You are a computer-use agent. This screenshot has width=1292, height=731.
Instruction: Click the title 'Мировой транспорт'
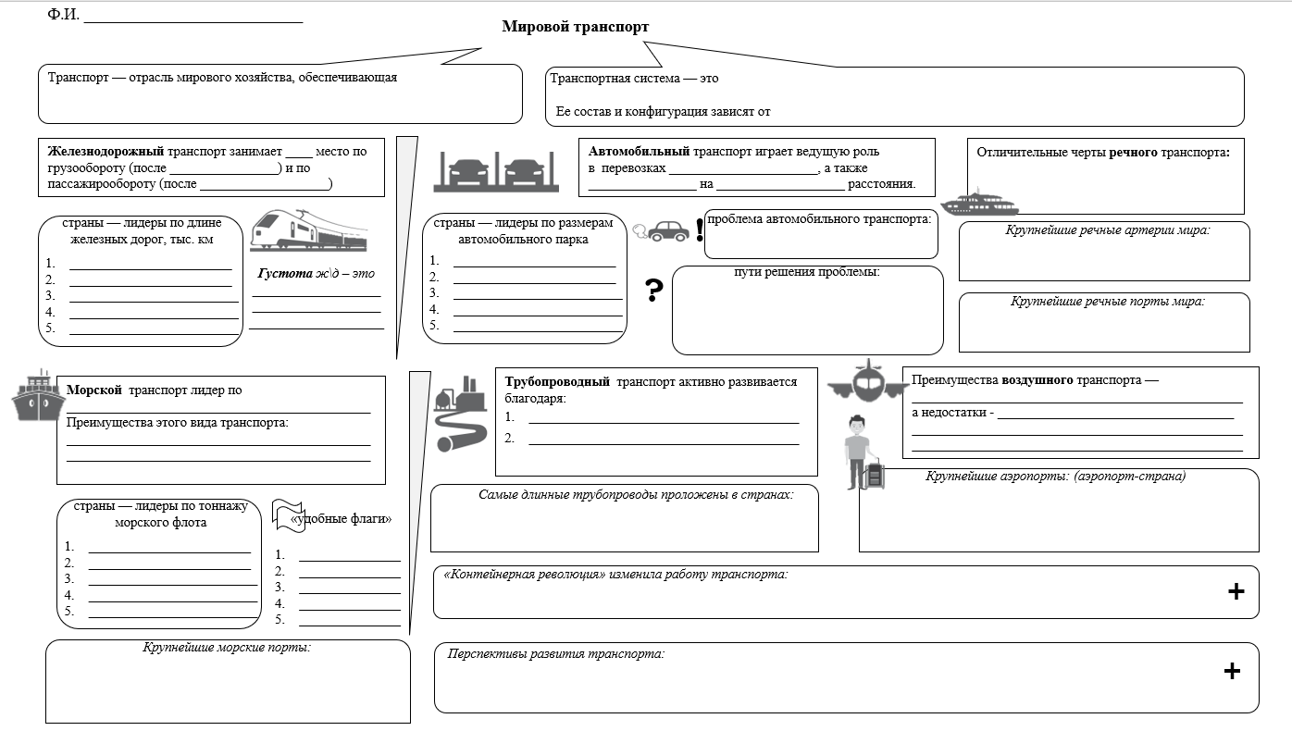point(575,27)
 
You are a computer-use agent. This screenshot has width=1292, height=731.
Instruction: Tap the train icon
point(308,230)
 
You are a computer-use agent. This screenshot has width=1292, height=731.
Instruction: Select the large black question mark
point(653,290)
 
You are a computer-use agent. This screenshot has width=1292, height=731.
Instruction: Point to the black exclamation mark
point(700,229)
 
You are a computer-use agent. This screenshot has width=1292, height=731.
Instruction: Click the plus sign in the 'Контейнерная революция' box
point(1236,591)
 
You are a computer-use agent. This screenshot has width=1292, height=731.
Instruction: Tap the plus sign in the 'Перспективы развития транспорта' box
point(1232,671)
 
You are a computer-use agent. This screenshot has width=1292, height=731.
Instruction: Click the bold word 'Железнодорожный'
point(106,152)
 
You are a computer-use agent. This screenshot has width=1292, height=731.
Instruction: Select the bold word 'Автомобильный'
point(639,152)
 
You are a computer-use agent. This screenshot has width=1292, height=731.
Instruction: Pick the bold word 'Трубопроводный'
point(557,381)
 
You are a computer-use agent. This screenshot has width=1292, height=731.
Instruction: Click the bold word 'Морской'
point(94,390)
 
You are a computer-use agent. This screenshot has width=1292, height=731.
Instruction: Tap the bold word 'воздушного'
point(1037,380)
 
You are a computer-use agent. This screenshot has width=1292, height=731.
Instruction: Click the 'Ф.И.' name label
point(64,14)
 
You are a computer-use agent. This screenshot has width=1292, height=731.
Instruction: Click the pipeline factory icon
point(460,414)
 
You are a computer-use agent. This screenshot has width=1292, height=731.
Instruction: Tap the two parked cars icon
point(496,171)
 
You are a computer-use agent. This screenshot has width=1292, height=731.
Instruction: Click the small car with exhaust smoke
point(661,231)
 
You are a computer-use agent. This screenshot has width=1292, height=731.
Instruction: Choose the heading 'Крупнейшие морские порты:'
point(227,648)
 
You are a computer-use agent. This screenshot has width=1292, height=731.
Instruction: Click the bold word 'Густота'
point(285,273)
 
